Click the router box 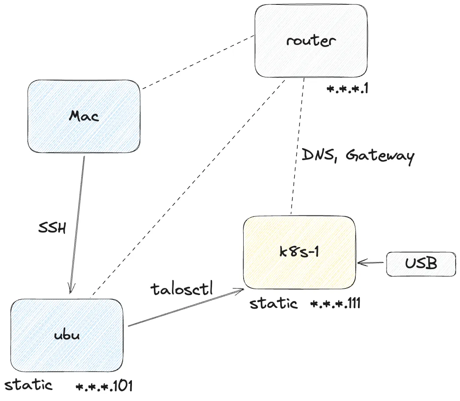[311, 40]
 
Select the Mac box [84, 116]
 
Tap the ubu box [67, 335]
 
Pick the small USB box [421, 264]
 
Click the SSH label [52, 228]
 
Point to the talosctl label [182, 288]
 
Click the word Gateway [380, 156]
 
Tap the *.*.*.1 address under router [347, 89]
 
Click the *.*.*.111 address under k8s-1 [335, 304]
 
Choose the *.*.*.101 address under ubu [104, 386]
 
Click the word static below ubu [28, 386]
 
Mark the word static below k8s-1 [273, 303]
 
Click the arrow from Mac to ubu [77, 224]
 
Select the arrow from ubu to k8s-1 [185, 308]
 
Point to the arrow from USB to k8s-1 [372, 263]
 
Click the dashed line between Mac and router [198, 62]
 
